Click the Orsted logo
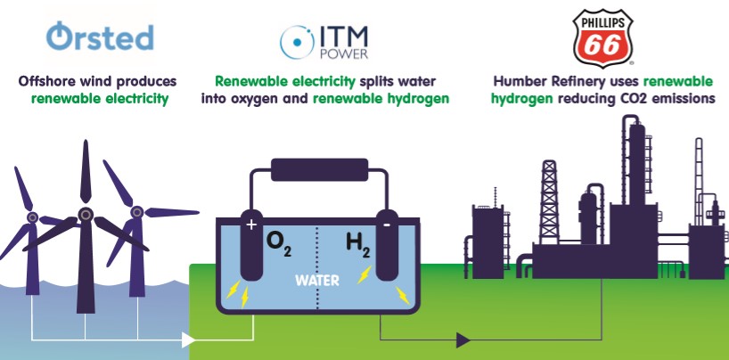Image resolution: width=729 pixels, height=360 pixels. (x=100, y=37)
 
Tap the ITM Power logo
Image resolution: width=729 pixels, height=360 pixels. (x=324, y=42)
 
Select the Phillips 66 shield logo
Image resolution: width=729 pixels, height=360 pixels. (x=602, y=38)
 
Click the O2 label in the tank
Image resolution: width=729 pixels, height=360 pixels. (x=278, y=244)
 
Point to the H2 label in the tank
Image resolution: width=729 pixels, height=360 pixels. (x=358, y=245)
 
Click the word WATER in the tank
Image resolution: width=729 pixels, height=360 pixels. (x=317, y=281)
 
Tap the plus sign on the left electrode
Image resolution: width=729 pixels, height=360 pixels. (x=251, y=225)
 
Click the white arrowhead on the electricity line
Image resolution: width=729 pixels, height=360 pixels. (x=188, y=340)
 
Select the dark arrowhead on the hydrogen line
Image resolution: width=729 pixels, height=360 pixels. (x=463, y=340)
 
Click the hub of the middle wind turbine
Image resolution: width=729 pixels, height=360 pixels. (x=85, y=215)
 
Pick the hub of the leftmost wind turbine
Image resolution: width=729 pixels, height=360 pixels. (x=32, y=217)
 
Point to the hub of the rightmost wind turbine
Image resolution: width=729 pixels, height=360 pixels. (x=136, y=212)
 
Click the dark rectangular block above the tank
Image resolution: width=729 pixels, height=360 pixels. (x=319, y=170)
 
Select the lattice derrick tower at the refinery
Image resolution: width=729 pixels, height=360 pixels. (x=549, y=202)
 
